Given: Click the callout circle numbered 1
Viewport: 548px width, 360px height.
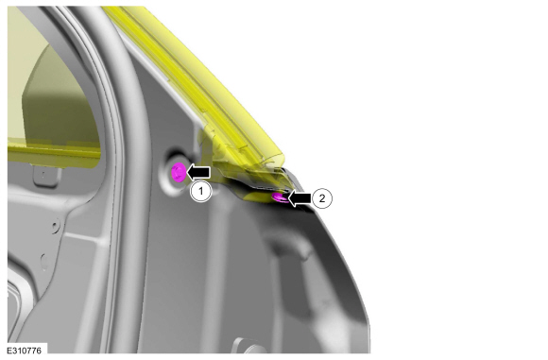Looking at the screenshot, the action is (201, 191).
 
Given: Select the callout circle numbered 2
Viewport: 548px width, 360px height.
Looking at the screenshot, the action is (321, 198).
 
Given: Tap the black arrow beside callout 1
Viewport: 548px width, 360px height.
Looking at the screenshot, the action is (198, 172).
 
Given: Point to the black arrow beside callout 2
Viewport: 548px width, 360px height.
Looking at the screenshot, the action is (300, 198).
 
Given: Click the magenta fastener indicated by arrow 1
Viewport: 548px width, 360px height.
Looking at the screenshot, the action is (179, 172).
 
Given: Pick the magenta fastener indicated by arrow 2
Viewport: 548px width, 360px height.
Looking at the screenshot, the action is (281, 197).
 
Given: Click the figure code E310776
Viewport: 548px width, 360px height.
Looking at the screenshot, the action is (25, 351).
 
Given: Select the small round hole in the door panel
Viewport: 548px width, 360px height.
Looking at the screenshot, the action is (56, 226).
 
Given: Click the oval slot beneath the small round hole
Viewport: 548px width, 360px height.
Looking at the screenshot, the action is (44, 262).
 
